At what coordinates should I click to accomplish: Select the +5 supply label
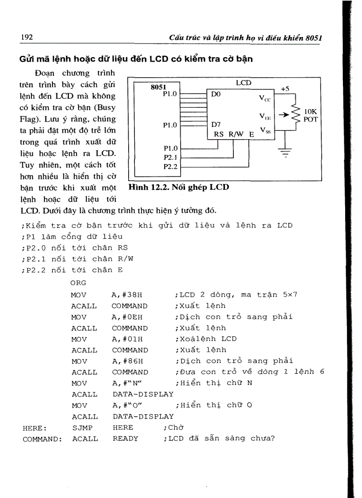point(285,89)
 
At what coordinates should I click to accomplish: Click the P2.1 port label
point(170,157)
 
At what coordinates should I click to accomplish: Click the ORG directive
point(78,283)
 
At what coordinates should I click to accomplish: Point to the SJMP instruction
point(80,427)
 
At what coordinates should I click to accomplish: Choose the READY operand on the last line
point(125,439)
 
